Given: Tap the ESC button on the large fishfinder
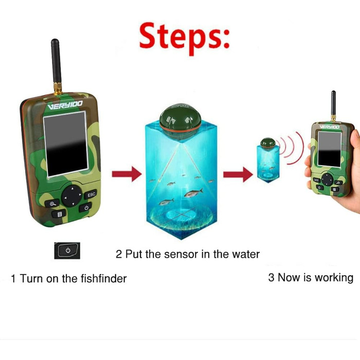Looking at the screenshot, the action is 91,195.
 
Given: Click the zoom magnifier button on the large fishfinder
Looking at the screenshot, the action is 52,204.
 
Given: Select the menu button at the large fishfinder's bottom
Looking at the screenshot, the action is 59,214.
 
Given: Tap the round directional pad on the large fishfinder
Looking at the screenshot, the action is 72,196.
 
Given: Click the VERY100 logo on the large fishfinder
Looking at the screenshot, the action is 65,105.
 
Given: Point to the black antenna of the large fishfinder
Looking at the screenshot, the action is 56,61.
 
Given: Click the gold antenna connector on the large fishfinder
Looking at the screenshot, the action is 58,88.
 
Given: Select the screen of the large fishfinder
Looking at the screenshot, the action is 66,144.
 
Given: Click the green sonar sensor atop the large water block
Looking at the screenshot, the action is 180,121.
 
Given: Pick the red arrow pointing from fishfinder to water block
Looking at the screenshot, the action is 127,174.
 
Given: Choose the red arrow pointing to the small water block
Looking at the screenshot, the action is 238,174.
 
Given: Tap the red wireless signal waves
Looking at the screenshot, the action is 291,148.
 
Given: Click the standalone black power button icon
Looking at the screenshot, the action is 67,250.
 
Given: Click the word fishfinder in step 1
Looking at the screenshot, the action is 103,279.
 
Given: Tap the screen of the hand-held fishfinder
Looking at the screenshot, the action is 330,149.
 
